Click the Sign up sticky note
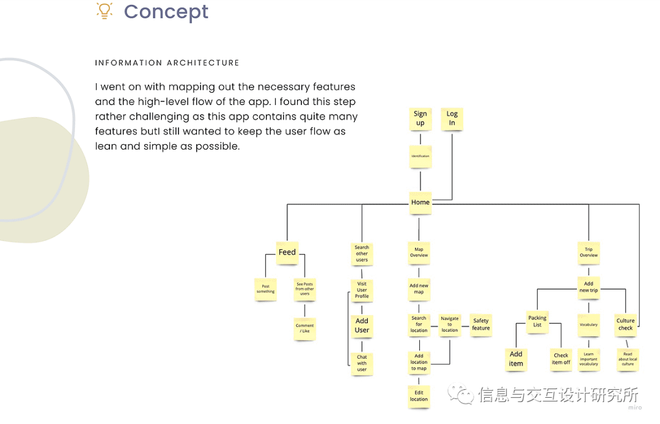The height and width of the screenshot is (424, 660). pos(420,119)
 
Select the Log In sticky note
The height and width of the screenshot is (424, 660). pos(452,119)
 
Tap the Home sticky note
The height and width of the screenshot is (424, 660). pos(420,202)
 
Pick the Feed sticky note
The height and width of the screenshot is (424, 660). pos(287,252)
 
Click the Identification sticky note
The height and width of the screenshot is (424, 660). pos(420,156)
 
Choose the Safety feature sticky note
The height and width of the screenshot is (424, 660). pos(481,324)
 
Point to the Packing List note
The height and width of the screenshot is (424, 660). pos(537,321)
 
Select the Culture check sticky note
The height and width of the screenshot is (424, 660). pos(625,324)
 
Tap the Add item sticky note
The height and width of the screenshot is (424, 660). pos(516,359)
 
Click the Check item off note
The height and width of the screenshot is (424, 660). pos(561,359)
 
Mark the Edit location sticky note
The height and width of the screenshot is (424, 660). pos(419,396)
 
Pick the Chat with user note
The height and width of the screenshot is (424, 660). pos(362,363)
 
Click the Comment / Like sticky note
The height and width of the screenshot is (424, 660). pos(304,329)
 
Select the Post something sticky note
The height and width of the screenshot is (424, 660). pos(265,289)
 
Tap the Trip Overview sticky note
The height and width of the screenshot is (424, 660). pos(588,252)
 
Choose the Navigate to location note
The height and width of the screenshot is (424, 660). pos(450,324)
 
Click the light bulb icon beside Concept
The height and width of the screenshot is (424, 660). pos(105,10)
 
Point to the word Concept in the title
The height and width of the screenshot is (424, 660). pos(166,12)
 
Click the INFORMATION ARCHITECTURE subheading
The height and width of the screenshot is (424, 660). pos(167,63)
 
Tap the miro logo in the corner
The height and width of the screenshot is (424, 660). pos(635,408)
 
